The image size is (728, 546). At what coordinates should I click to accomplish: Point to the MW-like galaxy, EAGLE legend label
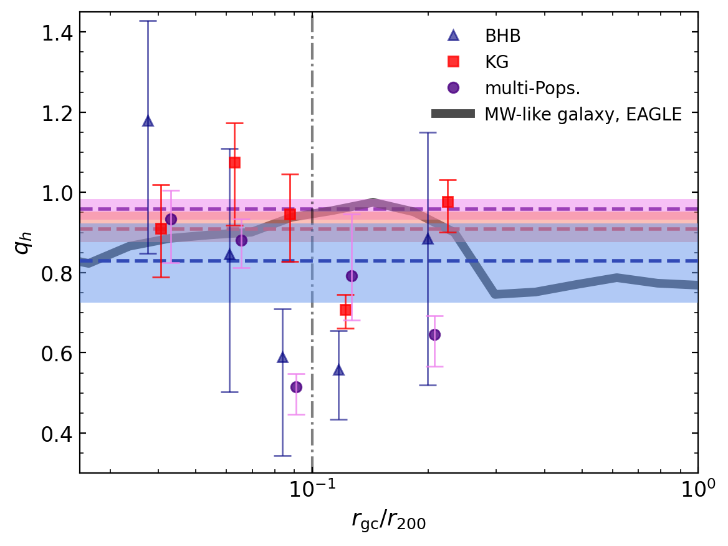tap(582, 114)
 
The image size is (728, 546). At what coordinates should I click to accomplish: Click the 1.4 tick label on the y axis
tap(55, 32)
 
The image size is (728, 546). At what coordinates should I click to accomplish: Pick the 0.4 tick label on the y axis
tap(55, 434)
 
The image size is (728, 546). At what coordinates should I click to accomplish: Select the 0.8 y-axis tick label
tap(55, 273)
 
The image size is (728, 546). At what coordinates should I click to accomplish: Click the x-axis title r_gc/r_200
tap(388, 520)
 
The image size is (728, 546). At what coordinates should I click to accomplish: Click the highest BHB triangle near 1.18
tap(148, 121)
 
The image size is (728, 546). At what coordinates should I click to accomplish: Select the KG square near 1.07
tap(234, 163)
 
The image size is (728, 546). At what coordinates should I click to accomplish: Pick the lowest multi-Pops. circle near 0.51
tap(296, 388)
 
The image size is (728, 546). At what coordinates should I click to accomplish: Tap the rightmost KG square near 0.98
tap(448, 202)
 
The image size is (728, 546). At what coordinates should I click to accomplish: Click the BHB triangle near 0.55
tap(338, 369)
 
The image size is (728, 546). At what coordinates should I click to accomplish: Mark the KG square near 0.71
tap(345, 310)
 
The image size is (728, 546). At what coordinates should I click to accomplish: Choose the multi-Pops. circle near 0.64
tap(434, 335)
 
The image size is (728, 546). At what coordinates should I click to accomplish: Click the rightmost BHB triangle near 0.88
tap(428, 238)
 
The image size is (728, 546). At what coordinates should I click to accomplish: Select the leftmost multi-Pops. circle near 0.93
tap(171, 220)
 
